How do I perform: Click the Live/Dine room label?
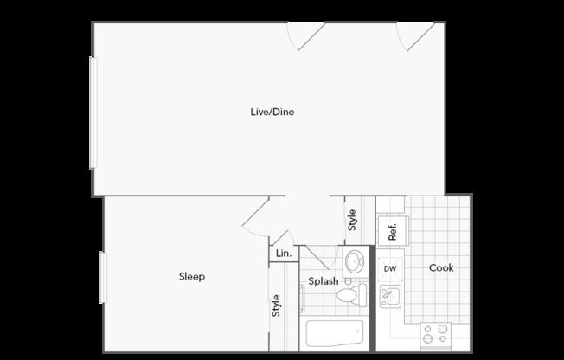(x=272, y=112)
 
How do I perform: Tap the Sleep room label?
(x=192, y=276)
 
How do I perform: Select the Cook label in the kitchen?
(x=441, y=268)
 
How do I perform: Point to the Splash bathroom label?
(x=324, y=281)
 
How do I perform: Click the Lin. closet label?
(x=284, y=254)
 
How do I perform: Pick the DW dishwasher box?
(x=390, y=268)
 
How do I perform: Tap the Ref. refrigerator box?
(x=393, y=231)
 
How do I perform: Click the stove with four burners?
(x=436, y=335)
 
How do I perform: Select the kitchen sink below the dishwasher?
(x=391, y=296)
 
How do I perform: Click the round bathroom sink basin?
(x=355, y=261)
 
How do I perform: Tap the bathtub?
(x=335, y=333)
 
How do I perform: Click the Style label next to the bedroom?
(x=276, y=305)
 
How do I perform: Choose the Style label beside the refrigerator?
(x=352, y=220)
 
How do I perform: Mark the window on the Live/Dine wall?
(x=93, y=112)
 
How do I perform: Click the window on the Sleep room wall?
(x=103, y=278)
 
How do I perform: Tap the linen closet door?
(x=282, y=238)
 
